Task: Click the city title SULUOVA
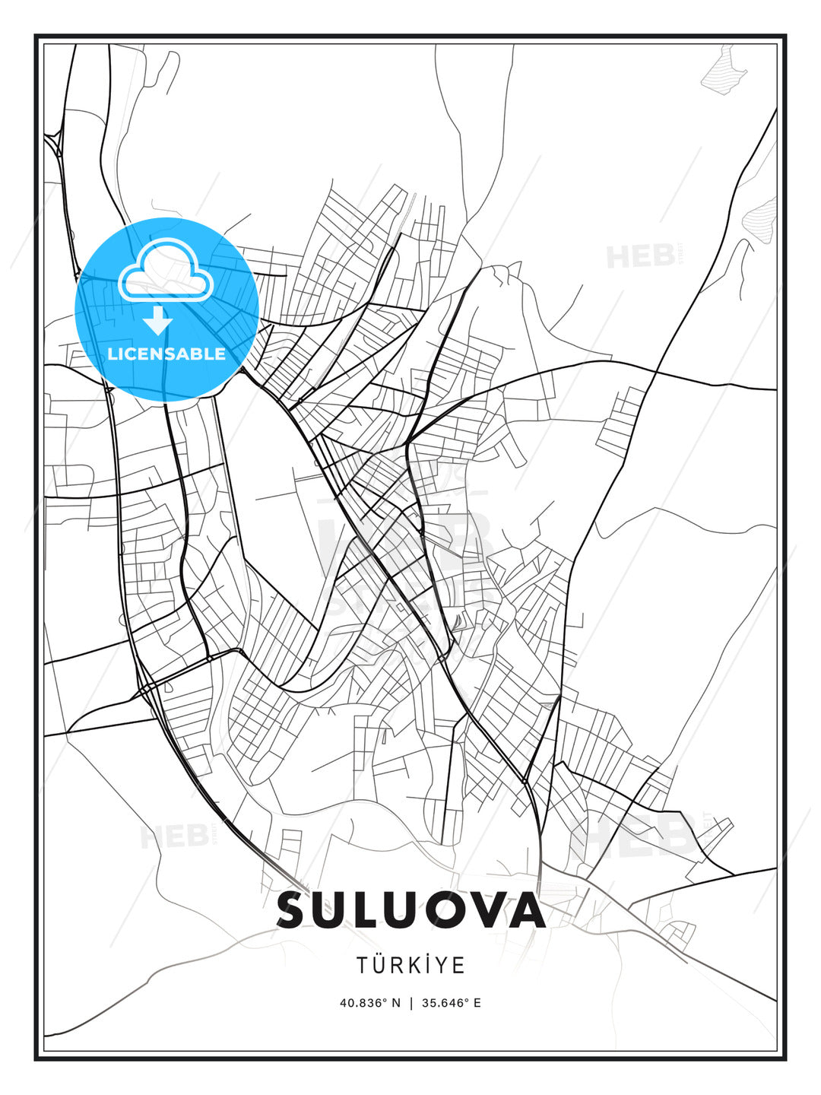(410, 910)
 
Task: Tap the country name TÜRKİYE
(410, 965)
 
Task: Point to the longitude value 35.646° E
(452, 1002)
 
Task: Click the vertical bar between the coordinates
(411, 1002)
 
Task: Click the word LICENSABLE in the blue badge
(166, 354)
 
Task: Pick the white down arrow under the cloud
(158, 321)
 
